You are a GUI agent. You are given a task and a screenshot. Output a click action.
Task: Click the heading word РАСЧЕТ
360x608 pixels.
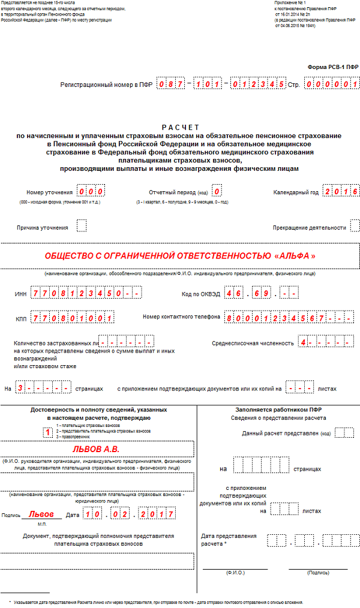pyautogui.click(x=180, y=127)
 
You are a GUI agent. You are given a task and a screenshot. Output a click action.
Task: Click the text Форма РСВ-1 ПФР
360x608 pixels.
pyautogui.click(x=332, y=68)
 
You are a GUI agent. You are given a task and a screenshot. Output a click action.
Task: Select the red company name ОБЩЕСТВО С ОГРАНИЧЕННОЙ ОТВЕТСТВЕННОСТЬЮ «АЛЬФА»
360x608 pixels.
pyautogui.click(x=180, y=255)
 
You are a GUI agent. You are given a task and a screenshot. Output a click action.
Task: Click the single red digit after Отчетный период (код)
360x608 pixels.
pyautogui.click(x=217, y=192)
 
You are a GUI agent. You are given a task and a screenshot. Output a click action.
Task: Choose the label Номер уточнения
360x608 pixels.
pyautogui.click(x=50, y=192)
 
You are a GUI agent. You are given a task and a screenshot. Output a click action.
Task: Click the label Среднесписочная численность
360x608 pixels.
pyautogui.click(x=253, y=343)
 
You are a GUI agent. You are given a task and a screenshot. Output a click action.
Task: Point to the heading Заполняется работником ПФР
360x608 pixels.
pyautogui.click(x=278, y=409)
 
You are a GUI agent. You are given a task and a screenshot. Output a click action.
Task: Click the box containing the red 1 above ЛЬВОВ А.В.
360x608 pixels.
pyautogui.click(x=47, y=432)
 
